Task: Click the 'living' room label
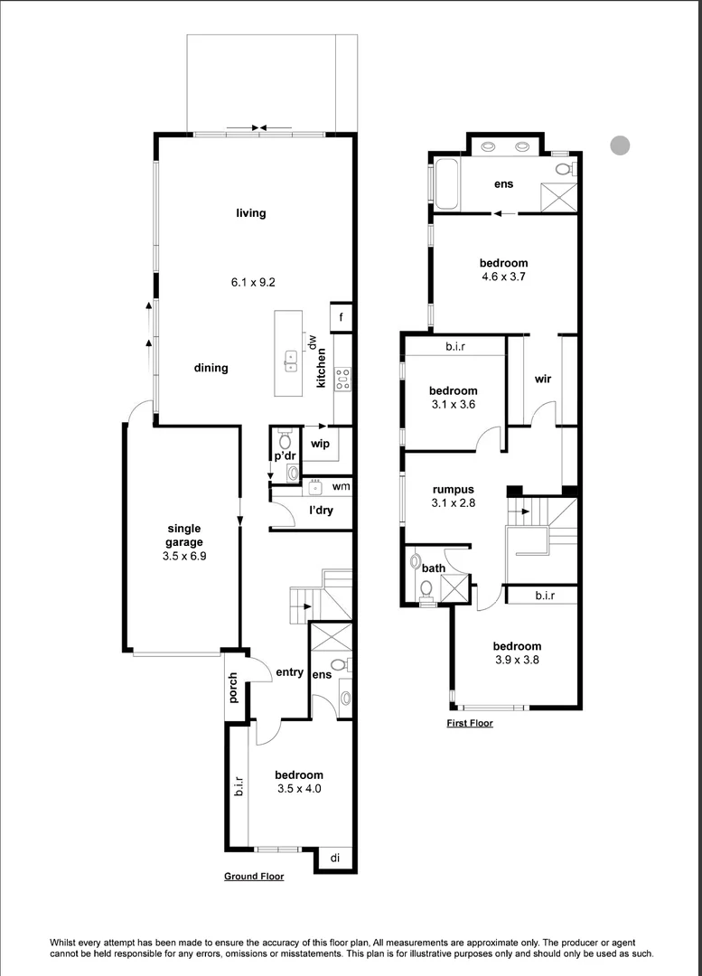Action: click(x=251, y=213)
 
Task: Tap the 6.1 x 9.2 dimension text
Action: click(x=252, y=282)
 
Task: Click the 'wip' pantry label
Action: click(x=319, y=444)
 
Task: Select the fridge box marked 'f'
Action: click(x=342, y=317)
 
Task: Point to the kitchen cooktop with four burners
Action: click(x=342, y=379)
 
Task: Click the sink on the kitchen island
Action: click(x=291, y=361)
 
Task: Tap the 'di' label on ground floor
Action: click(x=334, y=858)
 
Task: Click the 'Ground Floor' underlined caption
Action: click(x=254, y=877)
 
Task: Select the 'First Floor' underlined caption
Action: click(x=470, y=723)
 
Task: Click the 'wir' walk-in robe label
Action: click(x=543, y=379)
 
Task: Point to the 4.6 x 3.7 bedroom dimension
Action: click(x=503, y=278)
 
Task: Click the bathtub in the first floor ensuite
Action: click(x=447, y=183)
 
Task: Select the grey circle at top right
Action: click(x=619, y=145)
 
